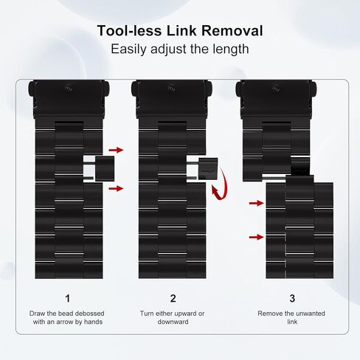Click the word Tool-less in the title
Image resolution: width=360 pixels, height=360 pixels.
(129, 31)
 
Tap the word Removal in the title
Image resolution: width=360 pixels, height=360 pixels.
(232, 31)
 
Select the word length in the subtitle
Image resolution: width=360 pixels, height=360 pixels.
(231, 49)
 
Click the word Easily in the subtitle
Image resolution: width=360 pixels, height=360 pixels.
(129, 49)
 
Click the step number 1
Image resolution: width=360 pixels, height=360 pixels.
(68, 298)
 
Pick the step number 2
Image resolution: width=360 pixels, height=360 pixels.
(173, 298)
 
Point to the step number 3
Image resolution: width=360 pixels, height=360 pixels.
(292, 298)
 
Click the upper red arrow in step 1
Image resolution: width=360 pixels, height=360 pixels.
(116, 150)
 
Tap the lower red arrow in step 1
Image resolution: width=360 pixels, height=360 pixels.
(116, 189)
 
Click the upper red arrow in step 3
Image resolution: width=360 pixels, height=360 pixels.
(257, 203)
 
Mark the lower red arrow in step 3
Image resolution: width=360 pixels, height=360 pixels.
(257, 237)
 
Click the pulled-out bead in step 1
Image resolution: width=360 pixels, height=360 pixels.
(105, 168)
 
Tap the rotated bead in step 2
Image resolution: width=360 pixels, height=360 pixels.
(208, 168)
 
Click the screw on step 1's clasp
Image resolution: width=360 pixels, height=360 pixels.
(69, 88)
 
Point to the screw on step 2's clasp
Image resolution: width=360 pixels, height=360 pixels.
(172, 88)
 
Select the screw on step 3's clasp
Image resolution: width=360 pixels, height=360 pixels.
(276, 88)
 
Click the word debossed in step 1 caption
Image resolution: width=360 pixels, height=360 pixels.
(89, 314)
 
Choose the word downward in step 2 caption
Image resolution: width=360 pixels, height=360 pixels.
(173, 322)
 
